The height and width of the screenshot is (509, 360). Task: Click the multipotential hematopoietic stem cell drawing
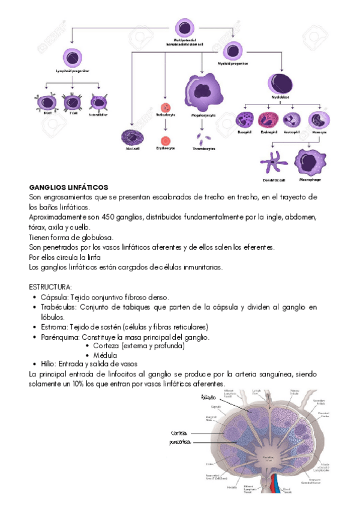(184, 28)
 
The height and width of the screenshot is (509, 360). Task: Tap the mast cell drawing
(131, 138)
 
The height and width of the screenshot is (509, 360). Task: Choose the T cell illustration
(73, 102)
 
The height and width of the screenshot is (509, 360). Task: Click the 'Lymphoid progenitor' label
(72, 70)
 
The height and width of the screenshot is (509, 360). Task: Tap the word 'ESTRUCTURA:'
(50, 287)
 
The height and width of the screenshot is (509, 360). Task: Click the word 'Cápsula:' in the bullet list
(54, 297)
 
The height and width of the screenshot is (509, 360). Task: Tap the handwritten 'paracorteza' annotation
(181, 442)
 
